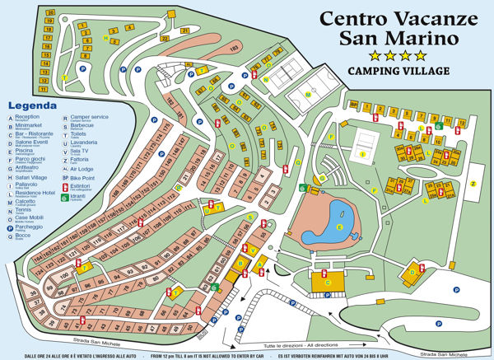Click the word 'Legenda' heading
(x=30, y=106)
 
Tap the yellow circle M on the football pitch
(x=309, y=95)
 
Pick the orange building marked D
(x=412, y=272)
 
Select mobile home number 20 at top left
(x=50, y=14)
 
